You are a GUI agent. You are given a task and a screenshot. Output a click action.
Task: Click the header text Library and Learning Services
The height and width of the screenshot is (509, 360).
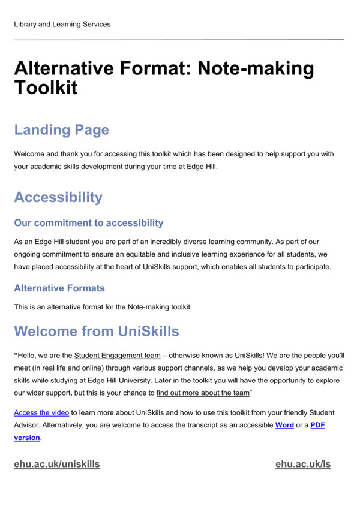click(62, 25)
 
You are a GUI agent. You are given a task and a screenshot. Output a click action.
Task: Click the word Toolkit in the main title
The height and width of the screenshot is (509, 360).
click(46, 89)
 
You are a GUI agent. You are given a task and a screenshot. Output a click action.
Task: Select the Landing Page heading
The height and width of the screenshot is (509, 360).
click(61, 130)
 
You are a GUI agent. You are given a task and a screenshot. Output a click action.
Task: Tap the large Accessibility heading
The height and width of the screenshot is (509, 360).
click(58, 197)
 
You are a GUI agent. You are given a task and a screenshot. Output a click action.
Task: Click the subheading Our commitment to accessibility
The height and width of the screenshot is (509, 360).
click(89, 223)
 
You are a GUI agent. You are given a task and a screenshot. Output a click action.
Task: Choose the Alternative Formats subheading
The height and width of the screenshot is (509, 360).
click(59, 288)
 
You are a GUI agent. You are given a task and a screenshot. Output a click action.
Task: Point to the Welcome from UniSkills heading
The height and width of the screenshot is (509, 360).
click(96, 331)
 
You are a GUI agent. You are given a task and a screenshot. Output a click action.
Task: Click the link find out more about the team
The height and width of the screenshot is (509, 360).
click(203, 393)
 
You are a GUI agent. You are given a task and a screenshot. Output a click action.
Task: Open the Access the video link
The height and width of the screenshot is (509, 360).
click(42, 413)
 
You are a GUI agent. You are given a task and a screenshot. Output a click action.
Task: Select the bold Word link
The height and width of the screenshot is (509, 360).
click(284, 425)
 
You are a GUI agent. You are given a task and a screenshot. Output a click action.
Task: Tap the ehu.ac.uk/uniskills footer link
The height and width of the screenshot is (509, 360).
click(57, 464)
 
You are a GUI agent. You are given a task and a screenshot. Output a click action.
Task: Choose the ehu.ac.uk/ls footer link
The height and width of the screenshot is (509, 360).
click(303, 464)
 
